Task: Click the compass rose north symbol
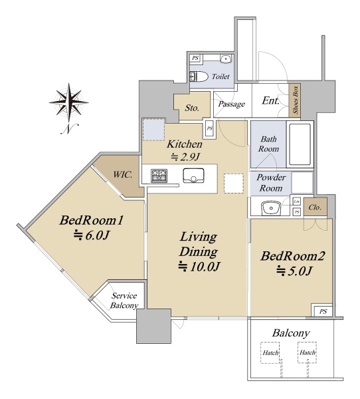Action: (68, 108)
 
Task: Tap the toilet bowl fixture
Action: (199, 76)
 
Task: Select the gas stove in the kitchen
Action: (159, 176)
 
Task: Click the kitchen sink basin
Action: (193, 175)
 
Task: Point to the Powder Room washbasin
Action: (271, 208)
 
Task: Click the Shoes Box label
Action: (296, 100)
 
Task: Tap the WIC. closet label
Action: (122, 174)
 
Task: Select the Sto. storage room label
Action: (192, 108)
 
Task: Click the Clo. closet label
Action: (315, 207)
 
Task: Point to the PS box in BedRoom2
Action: (323, 311)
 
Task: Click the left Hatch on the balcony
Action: (270, 352)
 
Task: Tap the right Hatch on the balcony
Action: (308, 352)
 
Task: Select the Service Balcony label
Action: (124, 301)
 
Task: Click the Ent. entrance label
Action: (271, 101)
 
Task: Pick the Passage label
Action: (232, 104)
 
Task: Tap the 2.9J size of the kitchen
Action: (185, 157)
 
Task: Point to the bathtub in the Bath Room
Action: (300, 144)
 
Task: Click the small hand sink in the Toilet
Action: (225, 59)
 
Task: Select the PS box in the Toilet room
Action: (195, 59)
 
